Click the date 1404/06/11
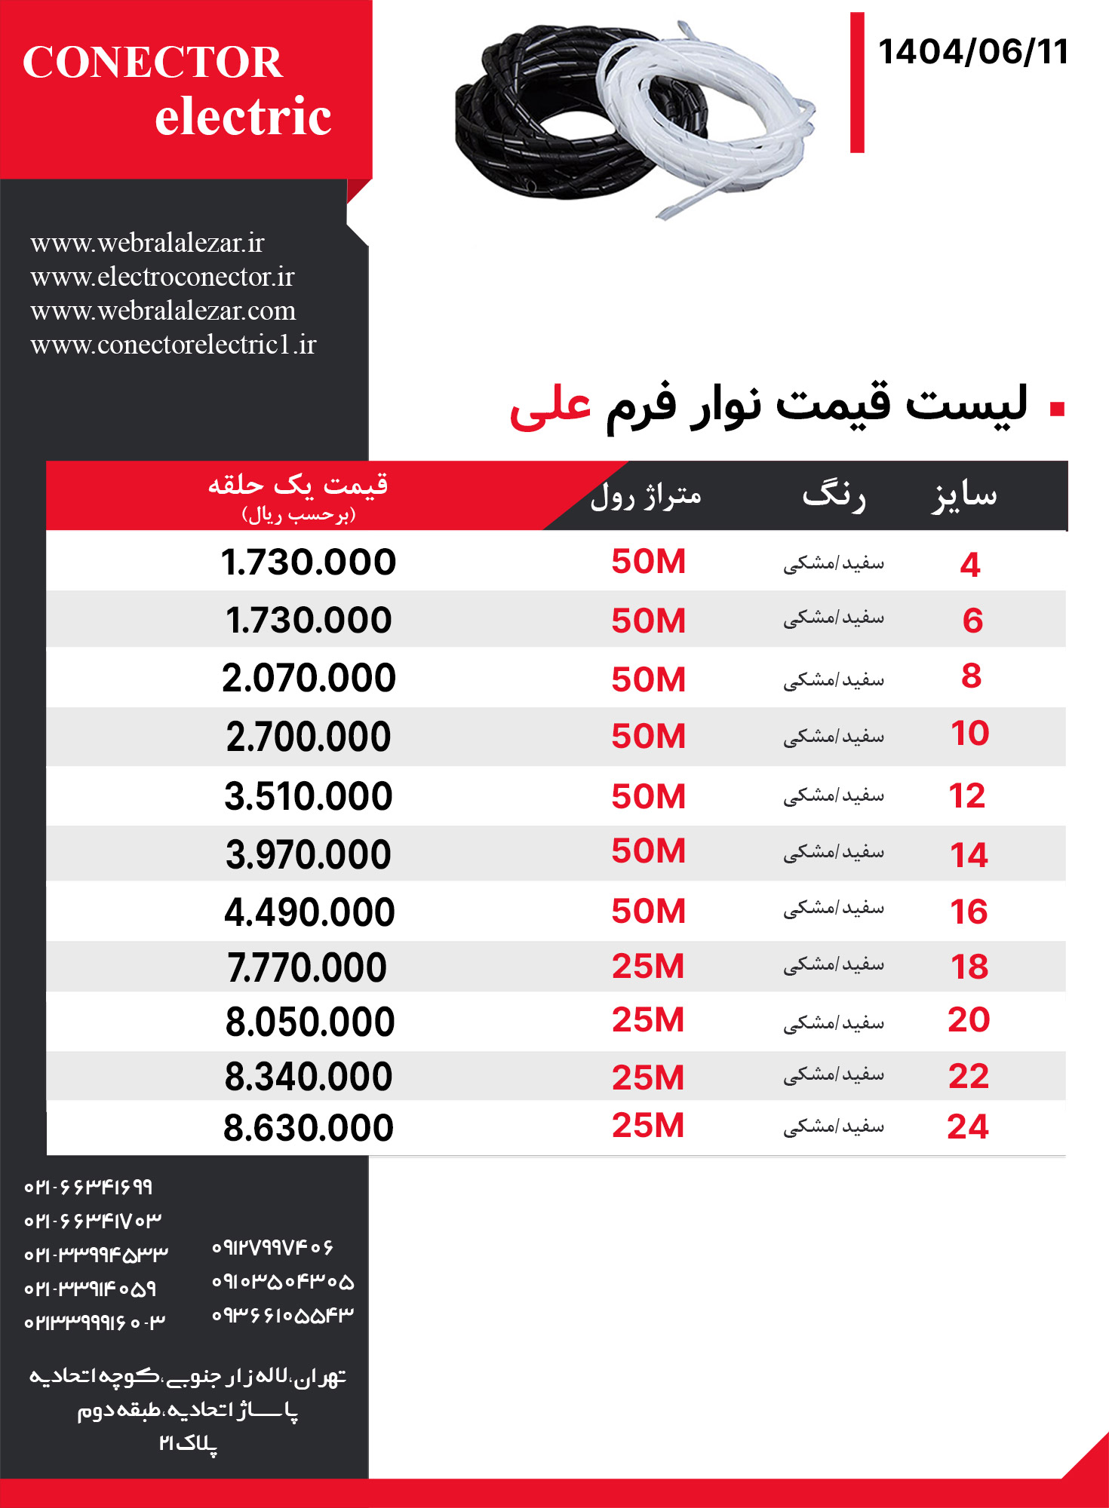pos(973,53)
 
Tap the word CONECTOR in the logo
pos(152,62)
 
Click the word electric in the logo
pos(243,117)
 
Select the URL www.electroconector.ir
pos(162,277)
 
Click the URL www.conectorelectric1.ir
pos(174,345)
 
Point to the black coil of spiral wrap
pos(528,113)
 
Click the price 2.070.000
pos(309,678)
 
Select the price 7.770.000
pos(307,967)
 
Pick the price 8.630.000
pos(309,1128)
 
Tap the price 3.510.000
pos(309,796)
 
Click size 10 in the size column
pos(969,734)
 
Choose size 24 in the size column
pos(968,1126)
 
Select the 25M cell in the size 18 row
pos(648,967)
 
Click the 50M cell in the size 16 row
pos(648,911)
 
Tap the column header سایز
pos(964,495)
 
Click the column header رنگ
pos(834,495)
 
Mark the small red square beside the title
pos(1057,409)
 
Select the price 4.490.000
pos(309,912)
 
